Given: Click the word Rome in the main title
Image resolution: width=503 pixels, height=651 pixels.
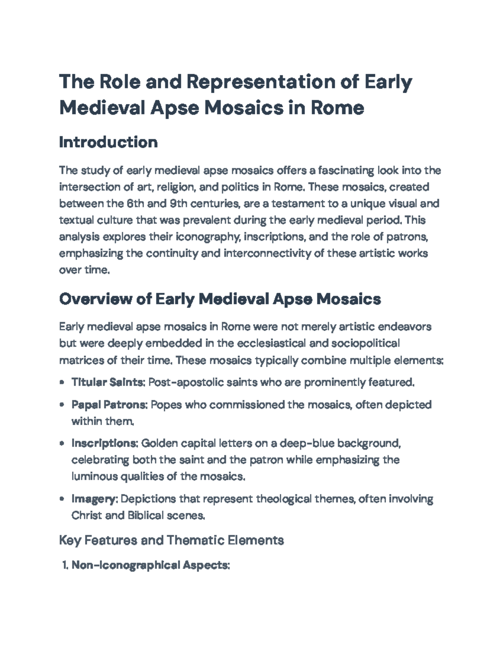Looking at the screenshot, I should click(x=337, y=108).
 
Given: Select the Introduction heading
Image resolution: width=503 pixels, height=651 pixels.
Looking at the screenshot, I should click(x=108, y=143).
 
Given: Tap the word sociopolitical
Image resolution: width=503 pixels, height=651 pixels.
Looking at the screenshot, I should click(x=365, y=343).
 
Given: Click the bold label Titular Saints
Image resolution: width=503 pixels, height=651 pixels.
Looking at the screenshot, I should click(x=108, y=382).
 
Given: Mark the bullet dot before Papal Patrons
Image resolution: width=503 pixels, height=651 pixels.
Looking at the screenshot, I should click(x=62, y=405).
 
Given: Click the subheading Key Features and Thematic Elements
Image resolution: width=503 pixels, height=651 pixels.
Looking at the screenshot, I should click(x=171, y=540).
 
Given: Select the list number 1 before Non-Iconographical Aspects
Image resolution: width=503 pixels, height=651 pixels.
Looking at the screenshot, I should click(x=65, y=565).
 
